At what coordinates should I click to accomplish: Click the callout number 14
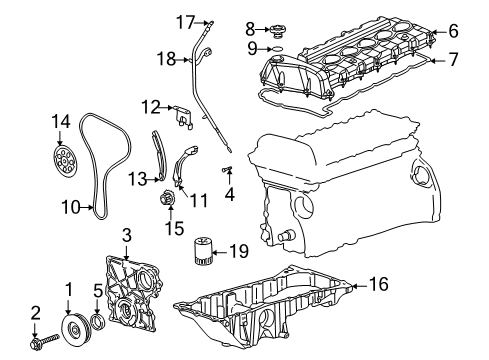tap(62, 122)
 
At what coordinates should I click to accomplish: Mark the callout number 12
tap(150, 105)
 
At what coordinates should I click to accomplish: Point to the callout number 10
tap(69, 208)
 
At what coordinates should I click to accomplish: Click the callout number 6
tap(453, 31)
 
